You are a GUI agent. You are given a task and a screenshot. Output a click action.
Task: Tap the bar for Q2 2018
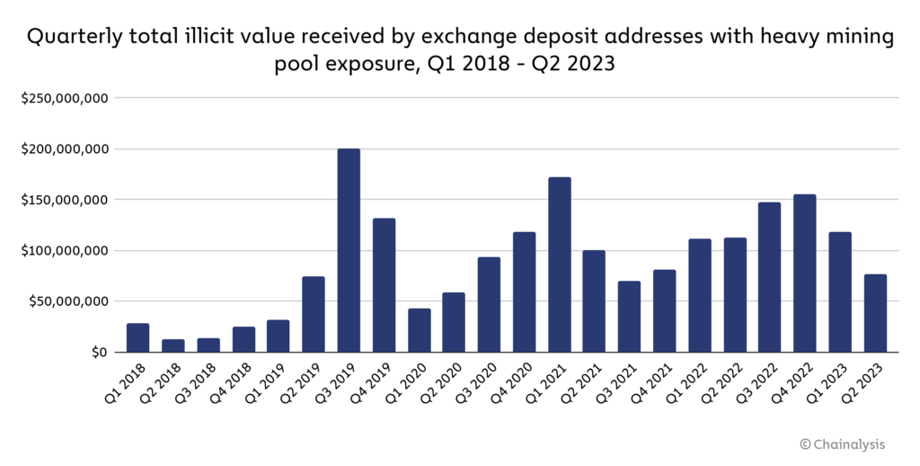[x=173, y=345]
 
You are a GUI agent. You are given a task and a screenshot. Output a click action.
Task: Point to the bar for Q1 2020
[x=419, y=330]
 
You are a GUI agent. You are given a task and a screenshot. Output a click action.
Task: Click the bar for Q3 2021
[x=629, y=317]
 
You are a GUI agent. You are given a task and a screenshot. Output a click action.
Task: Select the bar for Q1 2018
[x=138, y=337]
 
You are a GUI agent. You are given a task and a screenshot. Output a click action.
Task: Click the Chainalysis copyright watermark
[x=847, y=444]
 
